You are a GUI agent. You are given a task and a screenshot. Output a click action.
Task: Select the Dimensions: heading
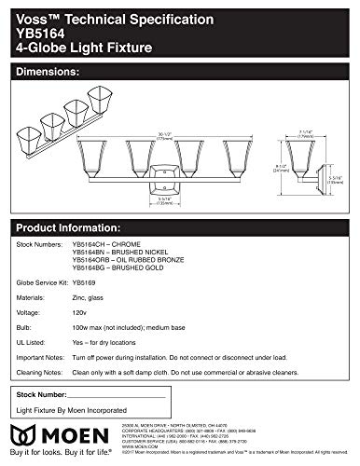[x=44, y=71]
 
